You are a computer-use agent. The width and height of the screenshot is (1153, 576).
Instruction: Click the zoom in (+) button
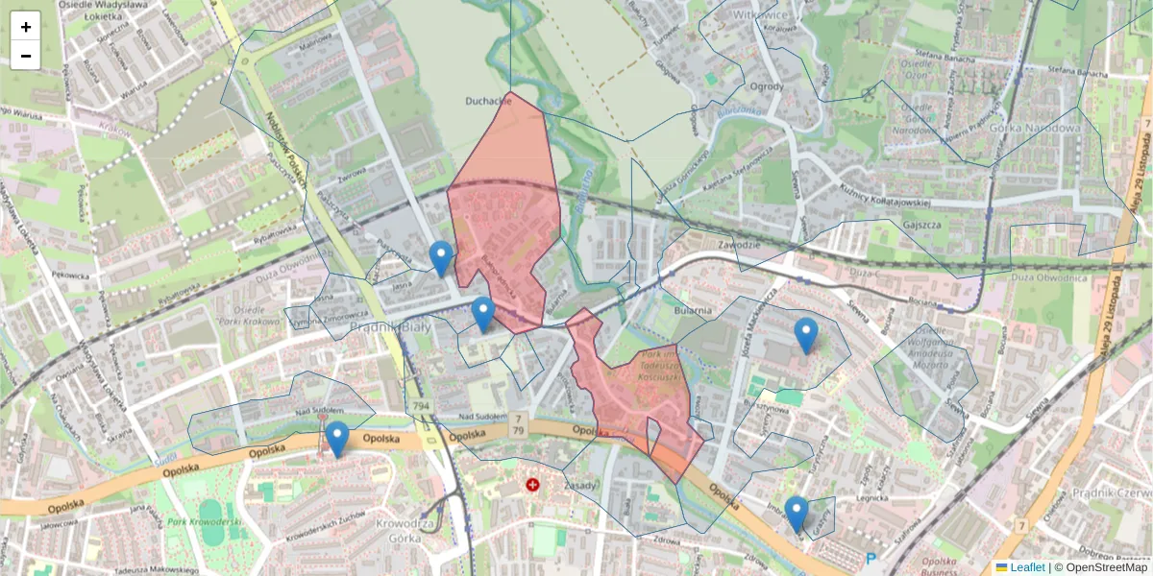26,27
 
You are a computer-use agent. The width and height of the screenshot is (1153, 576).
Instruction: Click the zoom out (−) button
26,56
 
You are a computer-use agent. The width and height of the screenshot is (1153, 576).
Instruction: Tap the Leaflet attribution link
1027,567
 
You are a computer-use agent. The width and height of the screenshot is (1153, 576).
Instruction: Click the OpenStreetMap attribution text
1105,567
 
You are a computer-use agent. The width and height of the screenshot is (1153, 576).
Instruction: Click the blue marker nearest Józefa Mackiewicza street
806,336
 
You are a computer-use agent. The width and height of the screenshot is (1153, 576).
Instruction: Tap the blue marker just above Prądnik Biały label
482,315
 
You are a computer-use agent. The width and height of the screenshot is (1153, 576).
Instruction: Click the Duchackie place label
489,100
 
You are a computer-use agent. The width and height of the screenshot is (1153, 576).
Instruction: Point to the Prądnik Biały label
382,327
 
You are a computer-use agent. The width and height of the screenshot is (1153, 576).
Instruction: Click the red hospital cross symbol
532,486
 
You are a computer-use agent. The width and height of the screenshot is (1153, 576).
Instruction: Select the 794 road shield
420,408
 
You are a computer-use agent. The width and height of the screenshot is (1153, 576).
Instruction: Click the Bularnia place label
692,310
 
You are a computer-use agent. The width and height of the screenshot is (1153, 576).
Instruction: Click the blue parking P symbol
871,559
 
